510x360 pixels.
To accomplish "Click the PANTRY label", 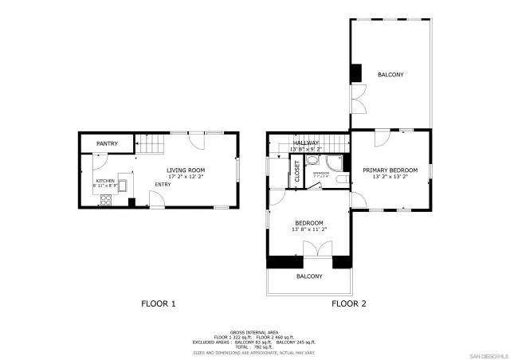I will [x=107, y=143].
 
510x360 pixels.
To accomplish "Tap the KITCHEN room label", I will [x=105, y=181].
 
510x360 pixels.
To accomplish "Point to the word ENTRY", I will [x=163, y=185].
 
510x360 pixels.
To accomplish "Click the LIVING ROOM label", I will [x=186, y=170].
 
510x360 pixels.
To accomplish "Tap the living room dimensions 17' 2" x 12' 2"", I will [x=186, y=177].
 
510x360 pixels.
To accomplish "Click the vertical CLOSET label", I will [x=297, y=172].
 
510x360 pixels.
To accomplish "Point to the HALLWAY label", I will [x=306, y=143].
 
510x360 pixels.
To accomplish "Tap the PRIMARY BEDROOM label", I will [x=390, y=170].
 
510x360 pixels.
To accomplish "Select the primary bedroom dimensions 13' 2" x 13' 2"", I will [x=390, y=177].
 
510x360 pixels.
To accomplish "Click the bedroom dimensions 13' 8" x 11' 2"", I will [x=309, y=229].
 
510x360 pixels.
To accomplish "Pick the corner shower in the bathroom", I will [x=333, y=162].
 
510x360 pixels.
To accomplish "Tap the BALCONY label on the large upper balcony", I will [x=390, y=75].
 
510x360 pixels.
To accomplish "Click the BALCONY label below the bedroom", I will [x=309, y=276].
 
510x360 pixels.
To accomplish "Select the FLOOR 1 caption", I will [x=158, y=303].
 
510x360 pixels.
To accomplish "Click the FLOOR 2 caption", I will [x=349, y=303].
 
